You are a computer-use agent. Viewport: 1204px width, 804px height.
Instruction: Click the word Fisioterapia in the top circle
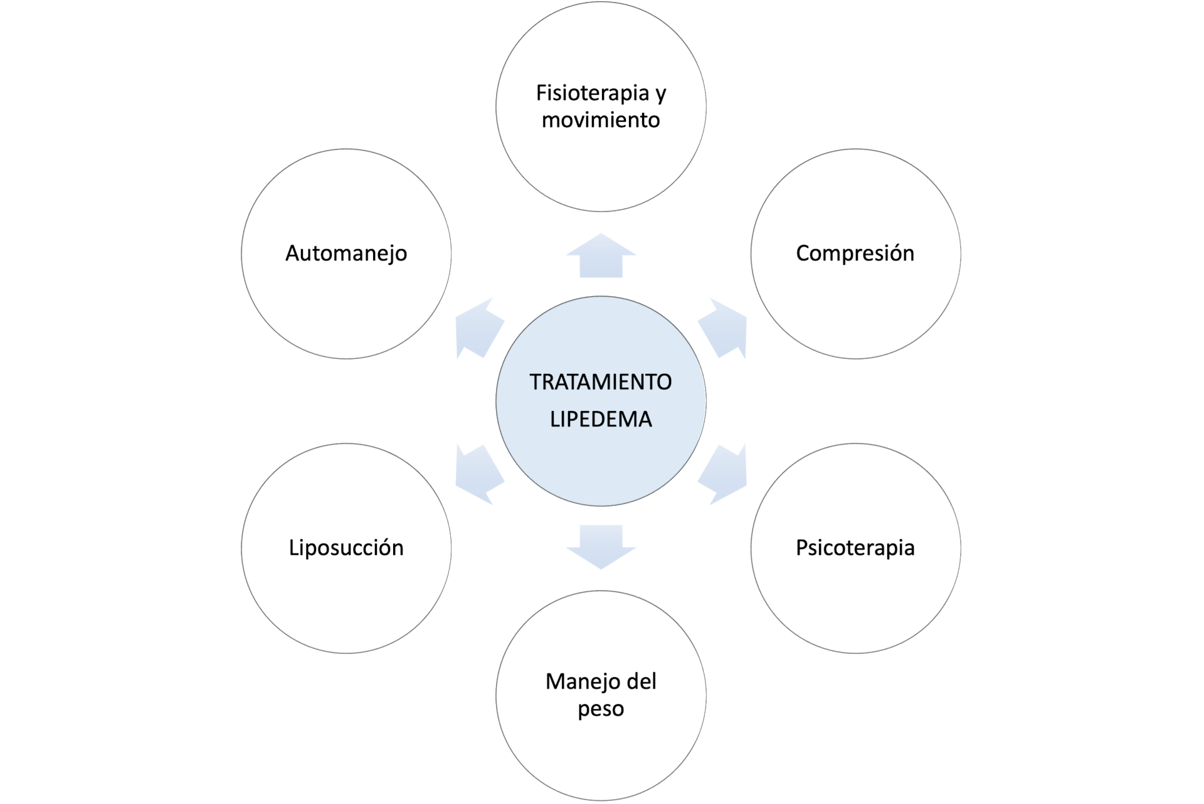click(591, 93)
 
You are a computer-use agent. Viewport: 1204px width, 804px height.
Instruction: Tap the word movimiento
click(601, 120)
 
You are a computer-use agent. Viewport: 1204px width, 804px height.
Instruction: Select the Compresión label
click(855, 253)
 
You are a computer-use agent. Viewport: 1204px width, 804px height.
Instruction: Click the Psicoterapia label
click(855, 547)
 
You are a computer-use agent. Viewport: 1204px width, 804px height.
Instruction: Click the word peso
click(601, 709)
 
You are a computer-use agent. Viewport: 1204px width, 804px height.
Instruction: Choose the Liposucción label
click(346, 547)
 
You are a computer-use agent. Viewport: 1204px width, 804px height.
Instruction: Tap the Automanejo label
click(346, 253)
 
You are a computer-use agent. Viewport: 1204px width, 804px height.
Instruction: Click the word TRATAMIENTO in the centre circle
click(601, 382)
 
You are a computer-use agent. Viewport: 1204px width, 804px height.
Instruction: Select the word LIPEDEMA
click(601, 419)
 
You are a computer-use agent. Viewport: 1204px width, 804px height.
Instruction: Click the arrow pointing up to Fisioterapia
click(601, 256)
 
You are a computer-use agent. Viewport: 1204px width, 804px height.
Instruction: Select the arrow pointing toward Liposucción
click(478, 474)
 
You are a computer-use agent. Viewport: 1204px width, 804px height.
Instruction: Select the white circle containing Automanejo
click(346, 308)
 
